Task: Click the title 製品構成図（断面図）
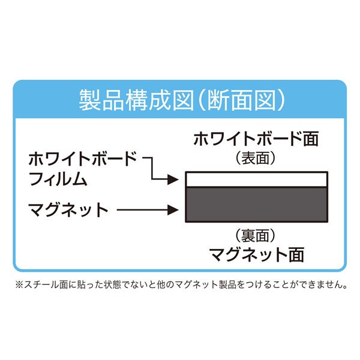pyautogui.click(x=182, y=100)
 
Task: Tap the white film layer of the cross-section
pyautogui.click(x=256, y=179)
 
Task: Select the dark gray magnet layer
pyautogui.click(x=256, y=205)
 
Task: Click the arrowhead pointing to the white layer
pyautogui.click(x=173, y=179)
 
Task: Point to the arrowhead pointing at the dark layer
pyautogui.click(x=173, y=210)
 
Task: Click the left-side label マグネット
pyautogui.click(x=68, y=209)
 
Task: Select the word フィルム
pyautogui.click(x=58, y=179)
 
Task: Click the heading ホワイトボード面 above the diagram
pyautogui.click(x=256, y=139)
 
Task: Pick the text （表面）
pyautogui.click(x=256, y=158)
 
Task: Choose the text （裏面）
pyautogui.click(x=256, y=236)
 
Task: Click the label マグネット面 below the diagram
pyautogui.click(x=257, y=254)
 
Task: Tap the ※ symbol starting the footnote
pyautogui.click(x=19, y=284)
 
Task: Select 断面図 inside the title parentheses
pyautogui.click(x=242, y=100)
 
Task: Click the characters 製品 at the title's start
pyautogui.click(x=101, y=100)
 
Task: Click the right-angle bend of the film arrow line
pyautogui.click(x=152, y=158)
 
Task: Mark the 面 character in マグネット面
pyautogui.click(x=296, y=254)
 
